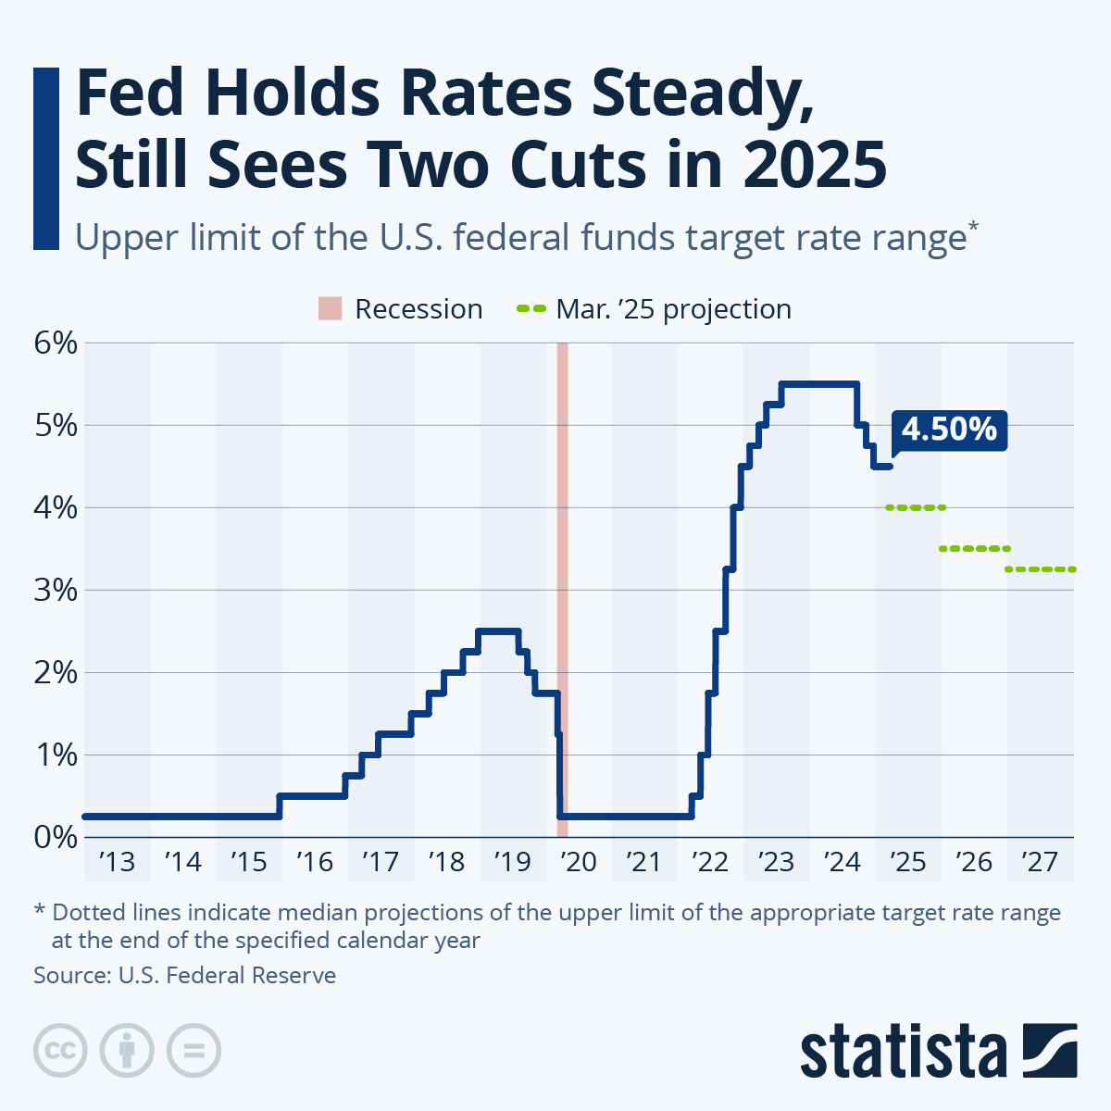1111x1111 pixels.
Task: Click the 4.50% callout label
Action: pyautogui.click(x=949, y=430)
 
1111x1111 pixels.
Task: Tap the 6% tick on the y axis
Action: pyautogui.click(x=55, y=343)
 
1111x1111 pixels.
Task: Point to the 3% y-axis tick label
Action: pyautogui.click(x=55, y=590)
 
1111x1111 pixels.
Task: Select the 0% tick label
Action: pyautogui.click(x=55, y=837)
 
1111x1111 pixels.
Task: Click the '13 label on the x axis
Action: pyautogui.click(x=117, y=862)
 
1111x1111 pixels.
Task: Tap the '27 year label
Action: pyautogui.click(x=1040, y=862)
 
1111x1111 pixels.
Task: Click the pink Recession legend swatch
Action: pyautogui.click(x=331, y=309)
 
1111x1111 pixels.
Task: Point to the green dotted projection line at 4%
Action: pyautogui.click(x=916, y=507)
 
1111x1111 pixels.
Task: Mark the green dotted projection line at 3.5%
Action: pyautogui.click(x=974, y=549)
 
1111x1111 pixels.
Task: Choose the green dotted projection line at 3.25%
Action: pyautogui.click(x=1041, y=569)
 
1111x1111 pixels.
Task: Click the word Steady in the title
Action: pyautogui.click(x=706, y=95)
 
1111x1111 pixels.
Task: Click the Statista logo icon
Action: pyautogui.click(x=1051, y=1050)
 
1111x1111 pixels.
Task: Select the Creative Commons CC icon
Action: pyautogui.click(x=60, y=1051)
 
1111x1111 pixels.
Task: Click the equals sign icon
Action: pyautogui.click(x=193, y=1051)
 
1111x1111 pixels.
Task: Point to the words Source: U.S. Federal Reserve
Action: pyautogui.click(x=184, y=975)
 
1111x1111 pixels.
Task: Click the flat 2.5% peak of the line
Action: pyautogui.click(x=498, y=631)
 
